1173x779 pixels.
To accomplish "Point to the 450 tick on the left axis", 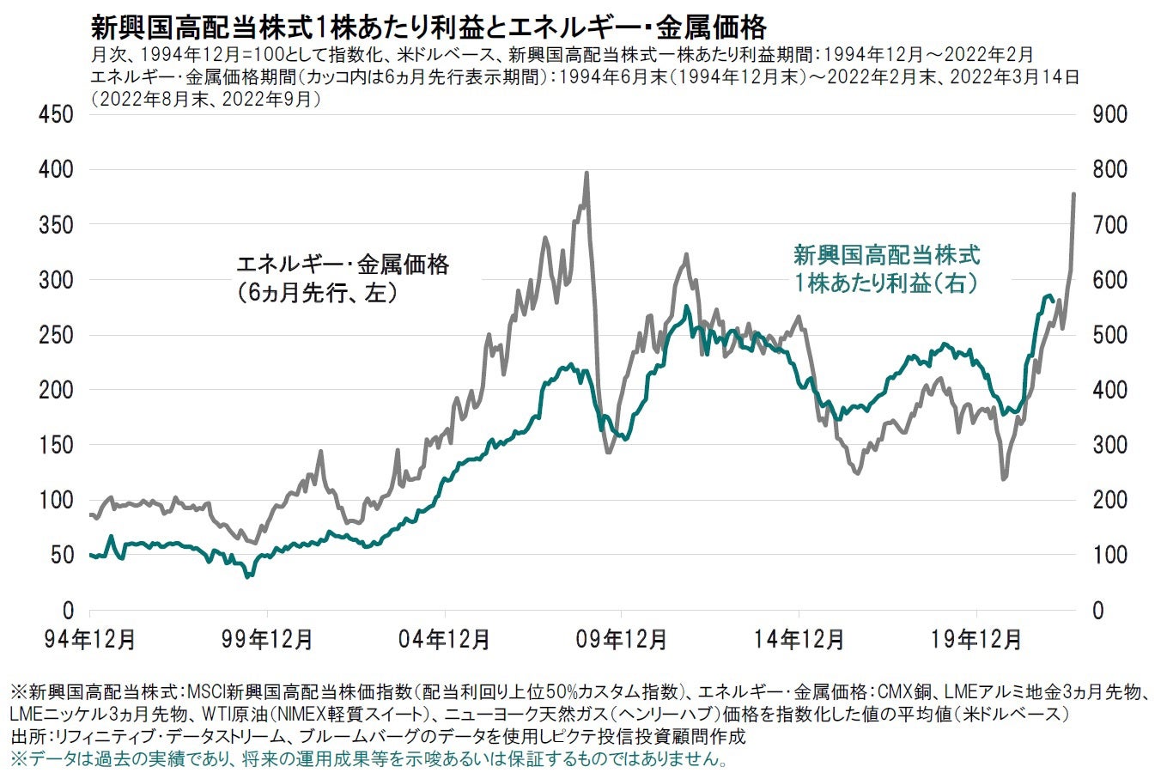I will (x=58, y=114).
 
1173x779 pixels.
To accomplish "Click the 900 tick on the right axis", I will (x=1109, y=114).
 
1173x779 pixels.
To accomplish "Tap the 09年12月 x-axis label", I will (x=622, y=639).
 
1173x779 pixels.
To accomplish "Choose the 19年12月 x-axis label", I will (x=976, y=639).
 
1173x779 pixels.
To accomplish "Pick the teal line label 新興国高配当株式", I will (x=885, y=254).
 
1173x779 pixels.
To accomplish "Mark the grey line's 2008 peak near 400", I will (x=586, y=173).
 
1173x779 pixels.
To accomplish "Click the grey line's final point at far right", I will (x=1073, y=194).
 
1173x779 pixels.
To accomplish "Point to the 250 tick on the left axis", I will (x=58, y=335).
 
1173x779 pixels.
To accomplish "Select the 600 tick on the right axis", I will (x=1109, y=280).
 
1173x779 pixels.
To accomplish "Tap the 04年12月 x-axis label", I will (x=445, y=639).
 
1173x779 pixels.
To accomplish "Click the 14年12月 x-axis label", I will (x=799, y=639).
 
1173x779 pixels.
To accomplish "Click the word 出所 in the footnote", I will (x=26, y=737).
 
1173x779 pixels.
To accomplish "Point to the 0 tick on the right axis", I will (x=1098, y=611).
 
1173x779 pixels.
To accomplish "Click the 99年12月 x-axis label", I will (x=267, y=639).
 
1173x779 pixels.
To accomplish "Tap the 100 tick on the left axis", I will (x=58, y=500).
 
